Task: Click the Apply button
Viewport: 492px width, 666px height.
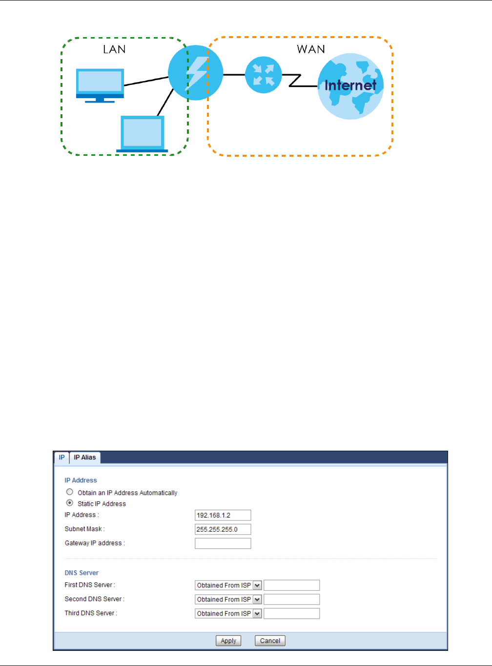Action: [x=228, y=641]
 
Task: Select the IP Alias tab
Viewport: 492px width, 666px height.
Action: [x=85, y=458]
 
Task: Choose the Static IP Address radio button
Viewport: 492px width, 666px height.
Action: [x=70, y=503]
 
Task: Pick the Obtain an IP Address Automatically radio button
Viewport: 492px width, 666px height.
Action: [x=70, y=492]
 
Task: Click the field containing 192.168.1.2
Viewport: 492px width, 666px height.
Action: [x=223, y=515]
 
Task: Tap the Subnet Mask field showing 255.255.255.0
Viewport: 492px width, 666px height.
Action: [x=223, y=529]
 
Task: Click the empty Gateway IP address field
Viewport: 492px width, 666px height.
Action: [x=223, y=543]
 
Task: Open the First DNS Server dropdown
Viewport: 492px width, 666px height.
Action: [x=228, y=585]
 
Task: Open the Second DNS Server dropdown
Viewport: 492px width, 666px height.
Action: [x=228, y=600]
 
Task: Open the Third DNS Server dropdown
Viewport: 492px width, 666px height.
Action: [x=228, y=614]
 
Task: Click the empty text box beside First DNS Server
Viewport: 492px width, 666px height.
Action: [x=291, y=585]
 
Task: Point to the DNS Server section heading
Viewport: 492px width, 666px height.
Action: [x=82, y=573]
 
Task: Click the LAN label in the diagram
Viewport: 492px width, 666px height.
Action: [x=114, y=49]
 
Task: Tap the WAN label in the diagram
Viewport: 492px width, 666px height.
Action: [x=311, y=49]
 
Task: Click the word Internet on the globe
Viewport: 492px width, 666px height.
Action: [x=350, y=85]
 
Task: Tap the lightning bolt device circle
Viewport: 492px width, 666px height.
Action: [x=195, y=73]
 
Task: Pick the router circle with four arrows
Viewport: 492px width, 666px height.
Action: [x=264, y=75]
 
